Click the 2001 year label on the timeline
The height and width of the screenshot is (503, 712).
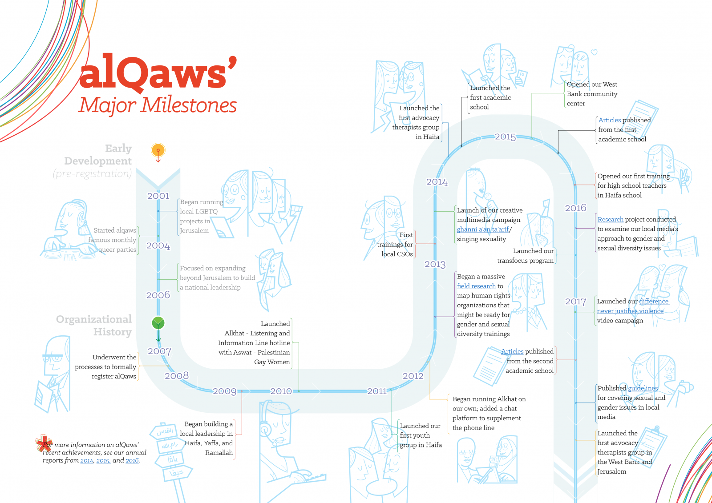click(x=158, y=196)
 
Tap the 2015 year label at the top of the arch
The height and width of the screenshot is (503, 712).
click(x=506, y=137)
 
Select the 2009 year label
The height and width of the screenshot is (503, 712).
click(x=225, y=391)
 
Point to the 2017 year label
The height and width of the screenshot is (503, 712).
click(x=576, y=301)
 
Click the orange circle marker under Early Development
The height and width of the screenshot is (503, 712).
click(x=158, y=150)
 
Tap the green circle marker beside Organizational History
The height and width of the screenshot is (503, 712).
click(x=158, y=323)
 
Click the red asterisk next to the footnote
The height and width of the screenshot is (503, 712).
click(x=43, y=443)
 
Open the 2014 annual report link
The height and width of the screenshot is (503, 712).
click(x=87, y=460)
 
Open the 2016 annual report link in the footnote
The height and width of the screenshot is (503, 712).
click(x=132, y=460)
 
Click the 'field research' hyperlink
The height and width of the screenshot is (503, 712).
click(x=476, y=286)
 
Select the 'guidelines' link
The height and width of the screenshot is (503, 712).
click(x=643, y=388)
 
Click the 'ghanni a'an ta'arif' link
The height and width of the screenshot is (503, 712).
click(x=483, y=229)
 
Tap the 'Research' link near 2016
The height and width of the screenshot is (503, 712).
click(x=610, y=219)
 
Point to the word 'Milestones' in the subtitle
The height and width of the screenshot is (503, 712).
click(x=189, y=105)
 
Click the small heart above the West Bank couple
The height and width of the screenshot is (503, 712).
click(x=594, y=52)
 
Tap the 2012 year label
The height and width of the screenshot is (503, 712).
click(x=413, y=376)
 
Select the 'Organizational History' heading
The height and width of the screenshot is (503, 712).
click(x=94, y=326)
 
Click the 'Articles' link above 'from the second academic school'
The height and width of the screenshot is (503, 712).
click(x=512, y=351)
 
